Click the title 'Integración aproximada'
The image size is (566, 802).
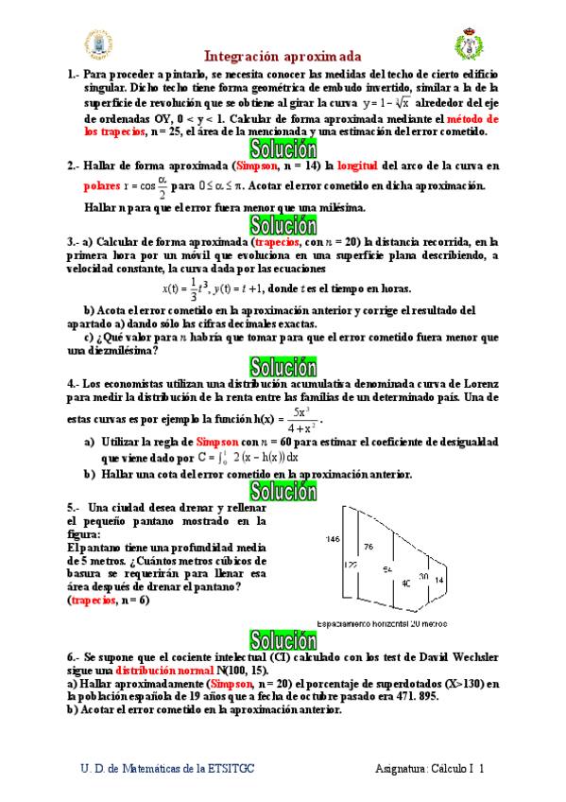click(x=283, y=57)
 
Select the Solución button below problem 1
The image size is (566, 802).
click(x=282, y=148)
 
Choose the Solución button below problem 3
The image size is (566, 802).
click(x=282, y=366)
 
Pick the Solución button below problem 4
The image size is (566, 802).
click(x=282, y=489)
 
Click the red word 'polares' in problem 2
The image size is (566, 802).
click(x=102, y=185)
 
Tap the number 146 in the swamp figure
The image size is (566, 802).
click(x=332, y=539)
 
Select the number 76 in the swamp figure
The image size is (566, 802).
click(x=369, y=548)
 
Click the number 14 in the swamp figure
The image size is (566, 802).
click(x=438, y=579)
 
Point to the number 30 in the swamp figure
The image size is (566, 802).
click(x=423, y=576)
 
